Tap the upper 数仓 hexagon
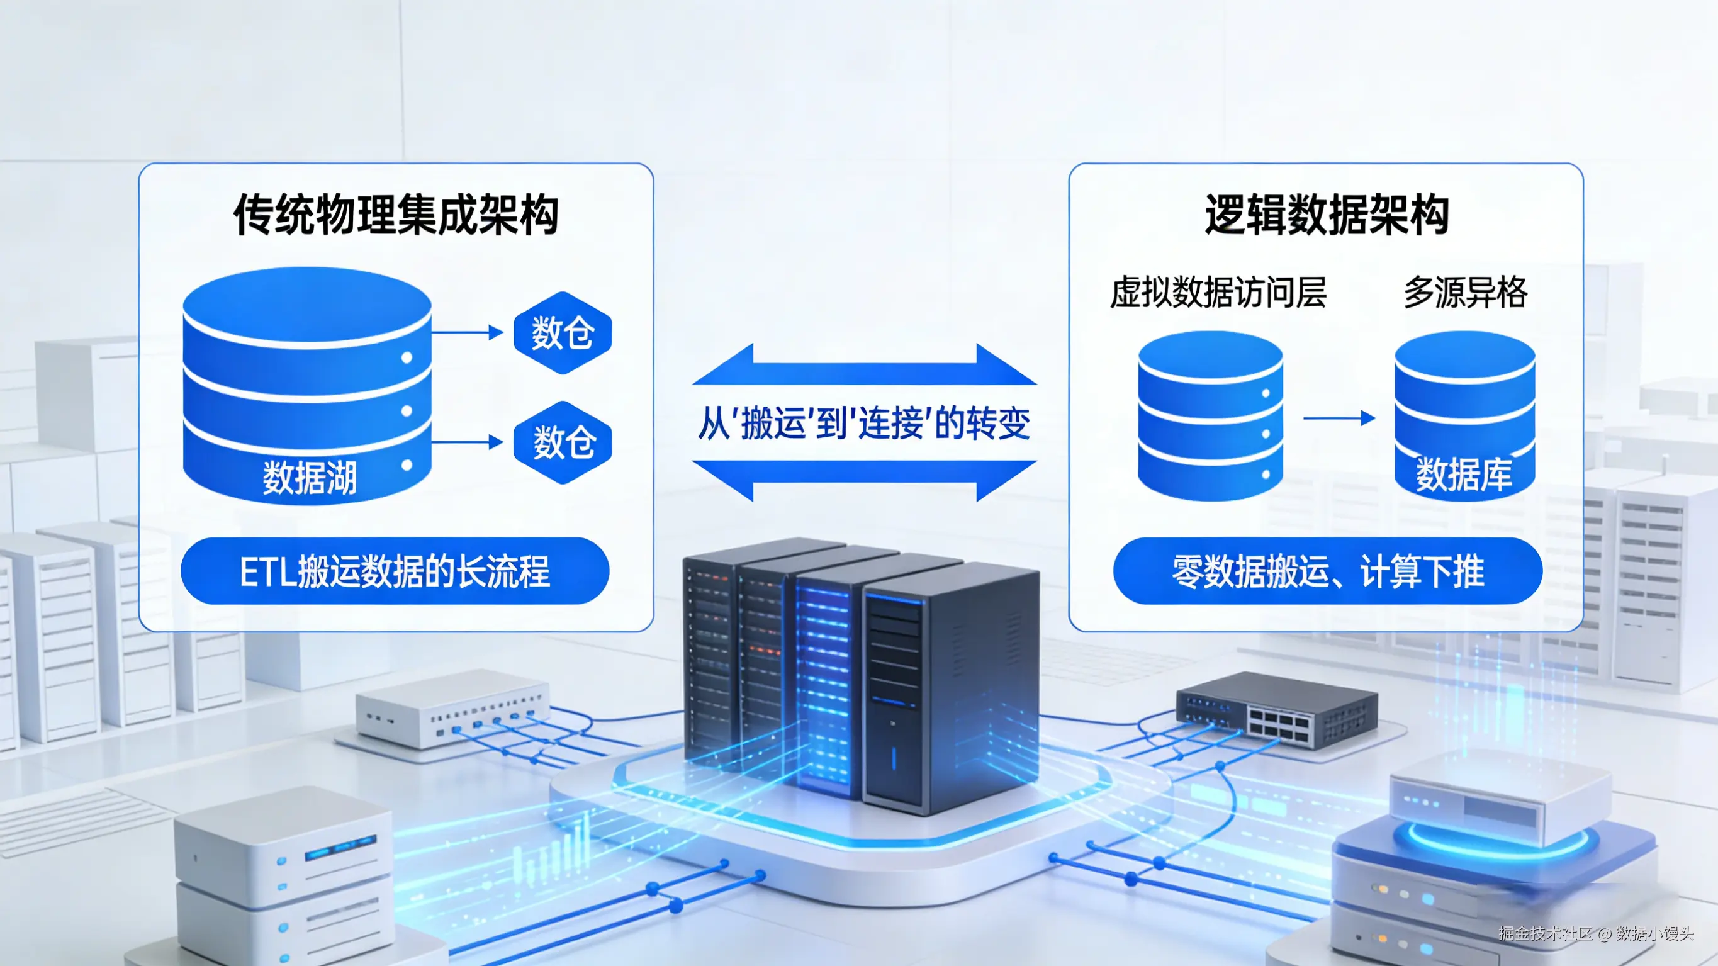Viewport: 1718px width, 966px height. pos(562,332)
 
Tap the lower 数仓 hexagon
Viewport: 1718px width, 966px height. pos(562,442)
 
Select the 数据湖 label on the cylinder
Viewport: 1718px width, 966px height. pos(310,477)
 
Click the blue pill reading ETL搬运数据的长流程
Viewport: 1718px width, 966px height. pos(395,571)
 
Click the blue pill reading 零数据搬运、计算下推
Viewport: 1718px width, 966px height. pos(1327,571)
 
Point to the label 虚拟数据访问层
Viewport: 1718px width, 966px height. pos(1218,292)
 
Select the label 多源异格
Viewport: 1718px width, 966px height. pos(1465,292)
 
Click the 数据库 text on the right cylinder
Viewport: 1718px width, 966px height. pos(1464,475)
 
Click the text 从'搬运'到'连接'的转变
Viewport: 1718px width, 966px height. pos(863,423)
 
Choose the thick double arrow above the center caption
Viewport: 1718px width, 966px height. pos(864,365)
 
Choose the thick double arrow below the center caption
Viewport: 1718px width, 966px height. pos(864,480)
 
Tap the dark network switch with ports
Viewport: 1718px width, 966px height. pos(1276,710)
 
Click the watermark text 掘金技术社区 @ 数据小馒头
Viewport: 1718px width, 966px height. pos(1595,933)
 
